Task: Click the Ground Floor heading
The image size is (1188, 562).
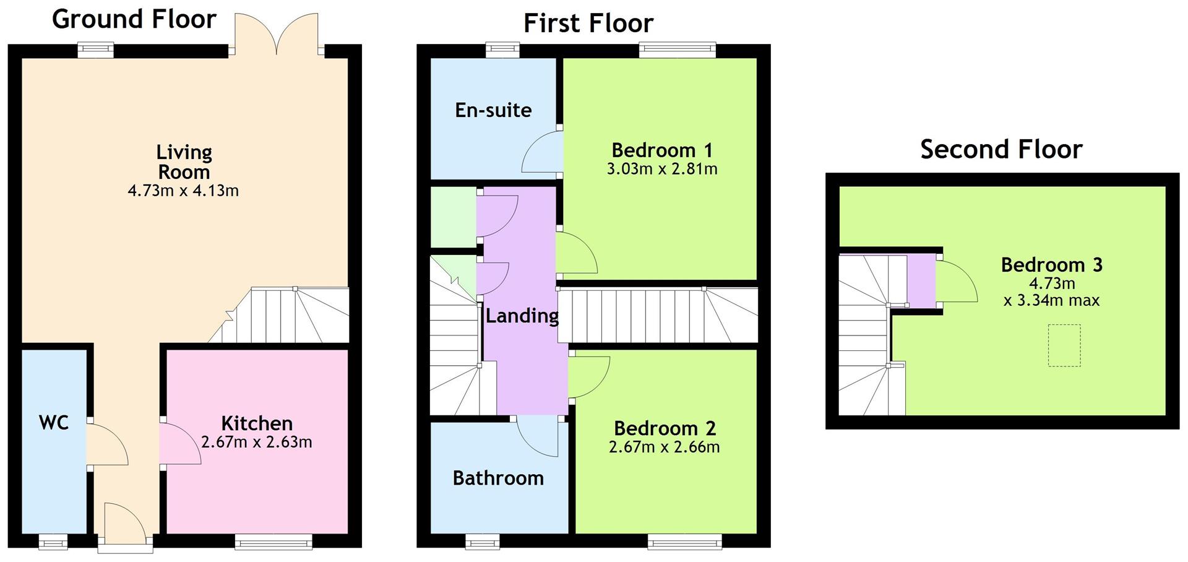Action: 134,19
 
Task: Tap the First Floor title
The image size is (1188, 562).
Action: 588,24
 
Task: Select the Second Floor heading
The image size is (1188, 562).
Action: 1001,149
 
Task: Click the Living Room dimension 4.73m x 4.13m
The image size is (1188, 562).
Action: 183,191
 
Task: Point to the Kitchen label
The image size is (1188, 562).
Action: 257,423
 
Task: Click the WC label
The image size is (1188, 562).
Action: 54,423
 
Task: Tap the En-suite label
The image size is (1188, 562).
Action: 493,110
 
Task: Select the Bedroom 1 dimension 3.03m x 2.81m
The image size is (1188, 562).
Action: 662,169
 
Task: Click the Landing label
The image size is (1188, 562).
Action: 522,316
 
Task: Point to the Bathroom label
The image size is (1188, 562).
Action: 498,478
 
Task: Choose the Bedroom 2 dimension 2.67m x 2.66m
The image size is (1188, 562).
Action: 665,447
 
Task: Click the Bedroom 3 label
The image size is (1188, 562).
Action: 1052,265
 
